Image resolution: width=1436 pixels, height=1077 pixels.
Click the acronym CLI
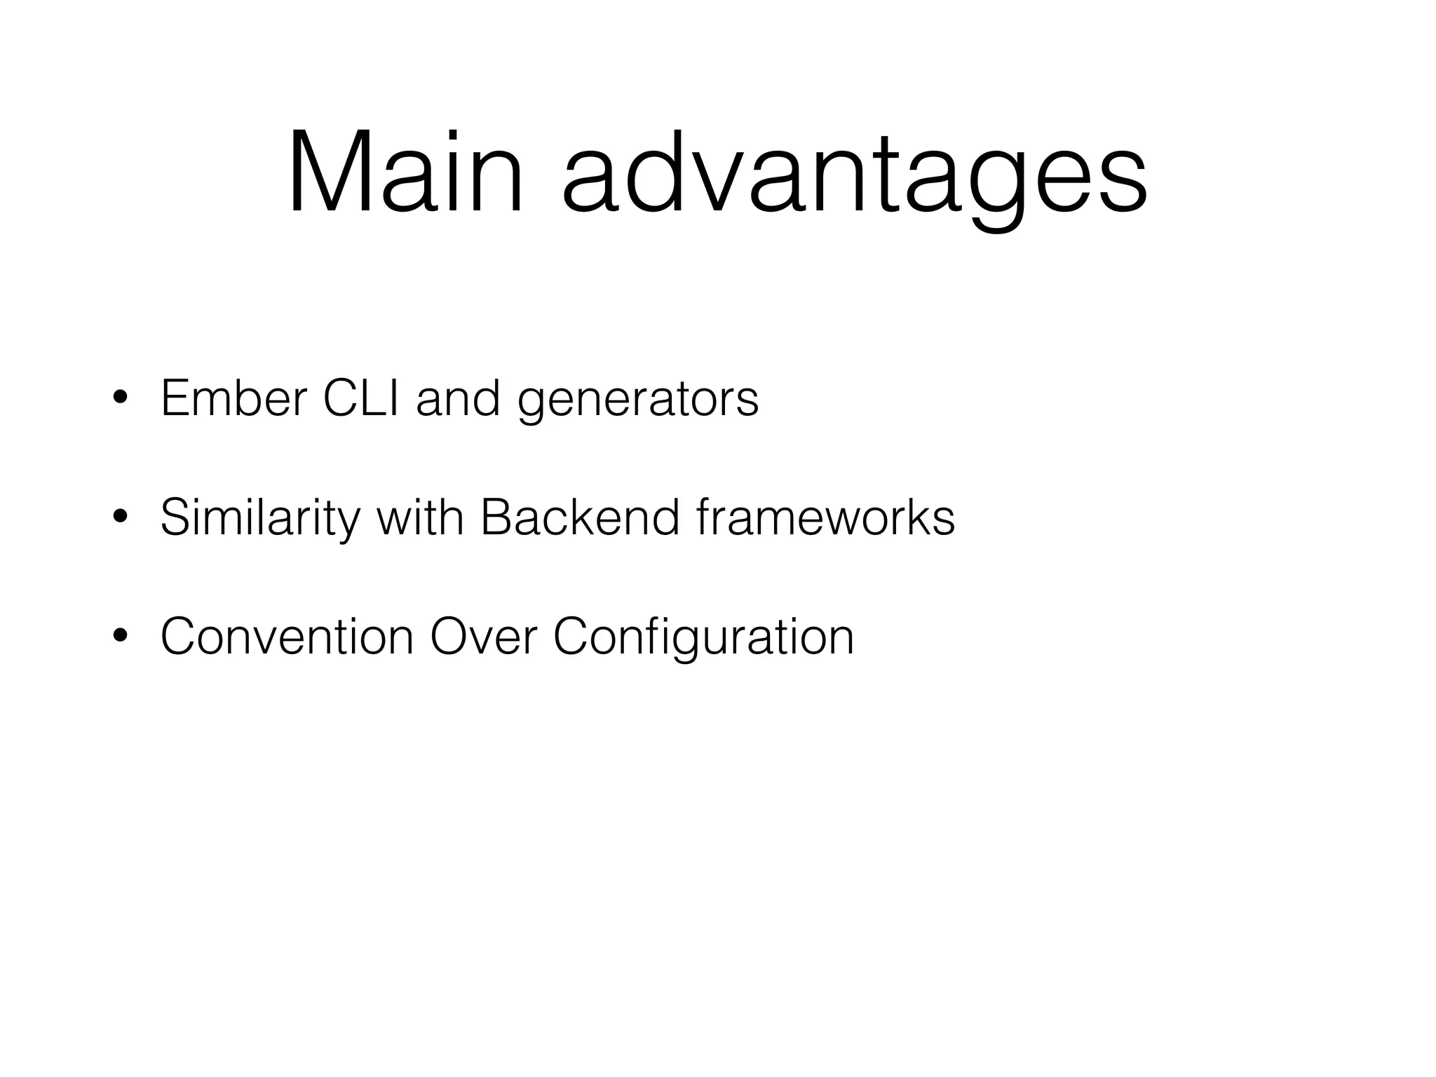[x=361, y=398]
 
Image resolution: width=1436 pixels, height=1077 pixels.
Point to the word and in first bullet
[x=458, y=398]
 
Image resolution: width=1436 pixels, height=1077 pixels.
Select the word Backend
[x=580, y=517]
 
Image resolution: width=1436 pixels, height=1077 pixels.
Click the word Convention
[x=287, y=637]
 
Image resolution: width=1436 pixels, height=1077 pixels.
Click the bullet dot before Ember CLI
[x=120, y=398]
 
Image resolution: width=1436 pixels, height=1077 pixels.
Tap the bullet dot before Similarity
[x=120, y=517]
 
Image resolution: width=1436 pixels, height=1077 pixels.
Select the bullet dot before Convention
[x=120, y=637]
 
